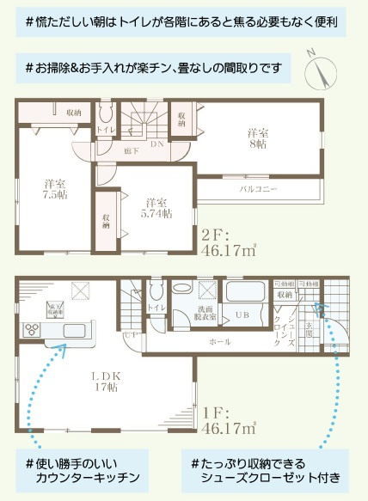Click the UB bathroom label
point(243,315)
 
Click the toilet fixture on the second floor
point(106,116)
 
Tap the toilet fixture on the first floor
point(156,289)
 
